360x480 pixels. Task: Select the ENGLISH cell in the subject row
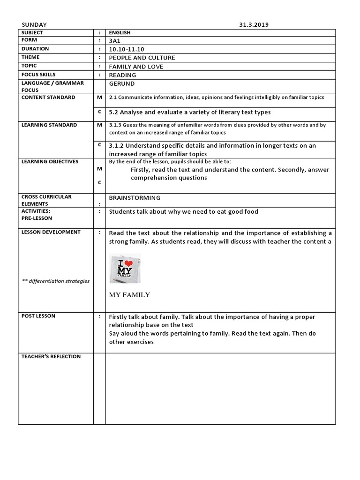click(120, 33)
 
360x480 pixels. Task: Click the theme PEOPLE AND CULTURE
click(142, 58)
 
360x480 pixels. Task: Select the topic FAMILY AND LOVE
click(136, 67)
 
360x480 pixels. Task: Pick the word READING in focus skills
click(122, 75)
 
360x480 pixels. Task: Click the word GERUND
click(121, 83)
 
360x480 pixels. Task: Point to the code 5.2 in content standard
click(113, 112)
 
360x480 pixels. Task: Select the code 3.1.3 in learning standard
click(115, 125)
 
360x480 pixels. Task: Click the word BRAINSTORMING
click(135, 198)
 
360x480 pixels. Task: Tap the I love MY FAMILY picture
click(125, 269)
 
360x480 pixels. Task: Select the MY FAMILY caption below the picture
click(129, 295)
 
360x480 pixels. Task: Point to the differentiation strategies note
click(56, 281)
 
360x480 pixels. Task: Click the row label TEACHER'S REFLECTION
click(51, 357)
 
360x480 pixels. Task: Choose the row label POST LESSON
click(38, 316)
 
